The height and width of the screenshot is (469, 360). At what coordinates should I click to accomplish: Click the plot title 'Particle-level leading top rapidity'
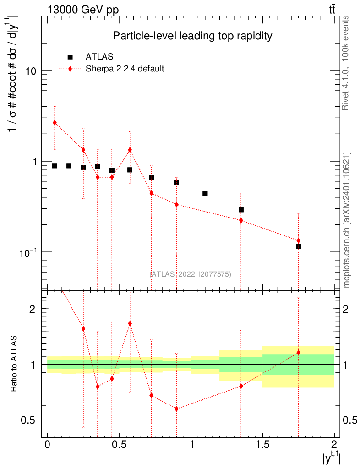pos(192,36)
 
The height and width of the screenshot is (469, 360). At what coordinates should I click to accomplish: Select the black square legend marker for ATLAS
pos(70,57)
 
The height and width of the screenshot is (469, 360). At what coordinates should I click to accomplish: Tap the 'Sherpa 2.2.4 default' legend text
pos(125,69)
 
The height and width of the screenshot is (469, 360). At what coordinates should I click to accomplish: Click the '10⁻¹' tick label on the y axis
pos(28,253)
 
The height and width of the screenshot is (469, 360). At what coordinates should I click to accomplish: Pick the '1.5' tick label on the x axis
pos(262,444)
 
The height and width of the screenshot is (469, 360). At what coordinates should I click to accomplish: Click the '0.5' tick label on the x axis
pos(119,444)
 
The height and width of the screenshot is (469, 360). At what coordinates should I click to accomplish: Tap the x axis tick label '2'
pos(334,444)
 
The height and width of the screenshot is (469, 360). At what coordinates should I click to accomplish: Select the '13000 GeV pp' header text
pos(83,10)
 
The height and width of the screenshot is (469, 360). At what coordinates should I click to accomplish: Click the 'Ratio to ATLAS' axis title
pos(13,363)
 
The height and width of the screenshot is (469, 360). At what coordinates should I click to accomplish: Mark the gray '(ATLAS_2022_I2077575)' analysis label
pos(190,274)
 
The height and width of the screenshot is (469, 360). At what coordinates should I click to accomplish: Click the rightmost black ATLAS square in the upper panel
pos(298,246)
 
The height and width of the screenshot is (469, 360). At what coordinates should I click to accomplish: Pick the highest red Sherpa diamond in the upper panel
pos(55,122)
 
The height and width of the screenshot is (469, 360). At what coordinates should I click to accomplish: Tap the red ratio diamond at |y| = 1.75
pos(298,353)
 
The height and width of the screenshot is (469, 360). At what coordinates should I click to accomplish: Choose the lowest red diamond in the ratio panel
pos(176,409)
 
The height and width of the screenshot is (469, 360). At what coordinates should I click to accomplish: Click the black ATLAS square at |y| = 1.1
pos(205,193)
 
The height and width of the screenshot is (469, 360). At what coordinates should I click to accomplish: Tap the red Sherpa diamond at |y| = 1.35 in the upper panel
pos(241,220)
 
